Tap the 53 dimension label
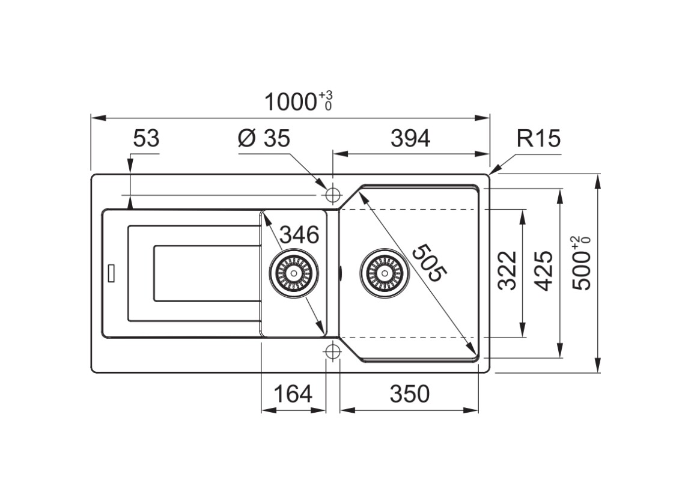point(146,139)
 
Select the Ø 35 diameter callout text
point(264,139)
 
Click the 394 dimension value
point(410,139)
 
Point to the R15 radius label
point(538,139)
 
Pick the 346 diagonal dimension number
point(299,235)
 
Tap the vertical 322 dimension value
point(508,270)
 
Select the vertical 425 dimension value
point(544,270)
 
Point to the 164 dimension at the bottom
point(293,394)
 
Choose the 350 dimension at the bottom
point(410,394)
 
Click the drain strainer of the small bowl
point(294,273)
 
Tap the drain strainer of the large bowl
point(384,273)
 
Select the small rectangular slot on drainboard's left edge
point(111,273)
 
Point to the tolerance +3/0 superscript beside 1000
point(326,100)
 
